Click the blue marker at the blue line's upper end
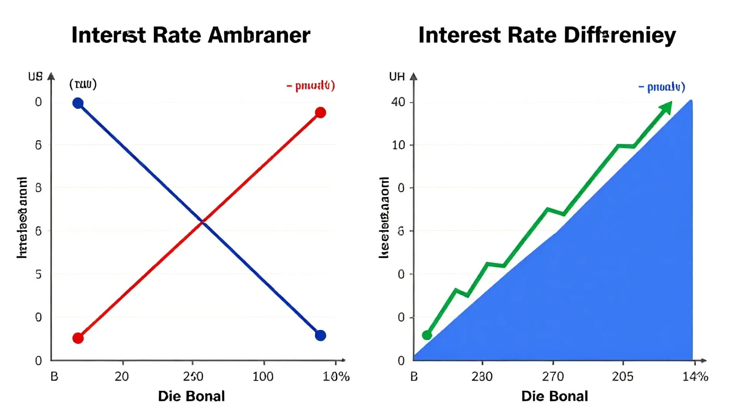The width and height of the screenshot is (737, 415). pos(78,103)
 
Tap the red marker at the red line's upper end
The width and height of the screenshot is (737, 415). pos(321,113)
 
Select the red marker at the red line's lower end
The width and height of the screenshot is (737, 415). pos(78,338)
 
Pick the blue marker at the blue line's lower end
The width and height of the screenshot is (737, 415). pos(321,335)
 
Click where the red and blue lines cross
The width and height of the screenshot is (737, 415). pos(203,222)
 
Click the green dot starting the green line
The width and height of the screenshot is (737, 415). pos(427,335)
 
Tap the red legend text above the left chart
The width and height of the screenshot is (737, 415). pos(311,85)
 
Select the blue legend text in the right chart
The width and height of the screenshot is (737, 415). pos(662,87)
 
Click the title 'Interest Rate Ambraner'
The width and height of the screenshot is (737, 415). pos(191,35)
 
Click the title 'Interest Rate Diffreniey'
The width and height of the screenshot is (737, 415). pos(547,35)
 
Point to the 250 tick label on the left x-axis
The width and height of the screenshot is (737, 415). pos(193,376)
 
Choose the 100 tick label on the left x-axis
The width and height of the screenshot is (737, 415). pos(263,376)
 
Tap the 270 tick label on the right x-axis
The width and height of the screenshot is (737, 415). pos(553,376)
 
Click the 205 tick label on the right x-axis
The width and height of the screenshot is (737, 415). pos(623,376)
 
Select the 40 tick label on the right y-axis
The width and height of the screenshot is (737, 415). pos(398,102)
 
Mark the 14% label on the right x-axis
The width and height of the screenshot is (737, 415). pos(695,376)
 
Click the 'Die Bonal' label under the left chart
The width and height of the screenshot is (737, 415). pos(191,396)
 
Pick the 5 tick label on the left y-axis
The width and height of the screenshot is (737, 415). pos(38,274)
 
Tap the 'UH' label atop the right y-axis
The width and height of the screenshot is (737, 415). pos(397,77)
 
